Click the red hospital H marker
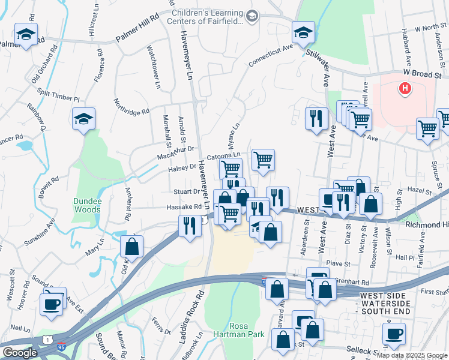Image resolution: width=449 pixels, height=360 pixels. pos(405,89)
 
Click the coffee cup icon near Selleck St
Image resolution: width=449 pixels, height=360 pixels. pos(394,334)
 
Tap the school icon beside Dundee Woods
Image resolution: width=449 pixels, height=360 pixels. pos(84,119)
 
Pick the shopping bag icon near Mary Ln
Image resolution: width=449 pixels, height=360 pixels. pos(131,245)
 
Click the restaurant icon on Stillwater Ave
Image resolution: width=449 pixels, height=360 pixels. pos(316,118)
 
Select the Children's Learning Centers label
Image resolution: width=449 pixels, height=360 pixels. pos(207,17)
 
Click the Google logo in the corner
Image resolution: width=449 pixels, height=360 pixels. pos(19,353)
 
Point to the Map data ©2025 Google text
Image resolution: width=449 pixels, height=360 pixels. pos(412,354)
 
